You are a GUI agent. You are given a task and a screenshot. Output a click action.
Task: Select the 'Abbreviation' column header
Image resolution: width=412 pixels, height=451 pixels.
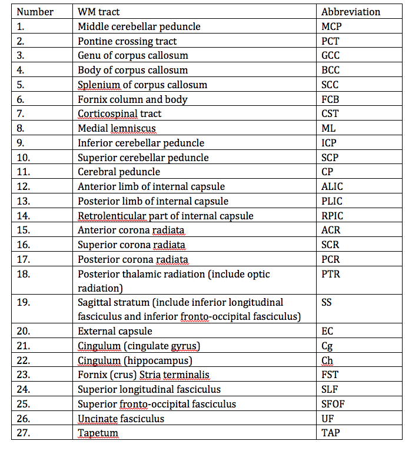pyautogui.click(x=351, y=12)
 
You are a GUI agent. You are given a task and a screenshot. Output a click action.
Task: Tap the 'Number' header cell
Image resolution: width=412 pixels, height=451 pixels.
pyautogui.click(x=35, y=12)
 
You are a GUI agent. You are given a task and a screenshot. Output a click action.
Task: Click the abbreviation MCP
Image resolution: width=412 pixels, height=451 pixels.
pyautogui.click(x=331, y=26)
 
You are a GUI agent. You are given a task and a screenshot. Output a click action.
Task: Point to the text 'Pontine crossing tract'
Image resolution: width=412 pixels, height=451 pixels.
pyautogui.click(x=127, y=41)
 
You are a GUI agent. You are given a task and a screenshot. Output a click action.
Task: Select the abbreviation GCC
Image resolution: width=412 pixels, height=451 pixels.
pyautogui.click(x=331, y=56)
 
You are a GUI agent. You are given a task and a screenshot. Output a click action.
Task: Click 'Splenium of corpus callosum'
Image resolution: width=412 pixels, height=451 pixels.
pyautogui.click(x=142, y=85)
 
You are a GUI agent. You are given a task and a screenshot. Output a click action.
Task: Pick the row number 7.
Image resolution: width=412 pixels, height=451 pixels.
pyautogui.click(x=21, y=113)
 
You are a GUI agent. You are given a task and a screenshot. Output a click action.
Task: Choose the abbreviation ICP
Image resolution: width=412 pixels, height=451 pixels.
pyautogui.click(x=329, y=143)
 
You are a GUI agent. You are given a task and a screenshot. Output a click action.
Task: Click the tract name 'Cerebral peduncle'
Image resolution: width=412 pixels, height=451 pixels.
pyautogui.click(x=119, y=172)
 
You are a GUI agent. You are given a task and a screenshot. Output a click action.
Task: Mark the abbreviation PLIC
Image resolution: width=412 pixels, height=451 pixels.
pyautogui.click(x=333, y=201)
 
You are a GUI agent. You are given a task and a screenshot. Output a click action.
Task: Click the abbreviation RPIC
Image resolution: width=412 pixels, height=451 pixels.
pyautogui.click(x=333, y=216)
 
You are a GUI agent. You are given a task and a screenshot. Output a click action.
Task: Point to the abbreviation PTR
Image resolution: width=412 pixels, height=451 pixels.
pyautogui.click(x=331, y=274)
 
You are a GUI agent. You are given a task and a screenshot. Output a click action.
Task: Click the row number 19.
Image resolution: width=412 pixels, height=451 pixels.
pyautogui.click(x=23, y=303)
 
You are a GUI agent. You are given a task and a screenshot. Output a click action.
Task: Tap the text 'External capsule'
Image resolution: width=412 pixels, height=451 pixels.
pyautogui.click(x=115, y=332)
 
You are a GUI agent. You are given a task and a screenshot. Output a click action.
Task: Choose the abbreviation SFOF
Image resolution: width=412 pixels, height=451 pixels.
pyautogui.click(x=333, y=404)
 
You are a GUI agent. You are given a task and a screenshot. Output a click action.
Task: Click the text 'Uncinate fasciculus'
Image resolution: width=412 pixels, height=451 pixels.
pyautogui.click(x=121, y=419)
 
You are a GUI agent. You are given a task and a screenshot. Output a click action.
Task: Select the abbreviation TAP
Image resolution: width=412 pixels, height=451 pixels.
pyautogui.click(x=330, y=433)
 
